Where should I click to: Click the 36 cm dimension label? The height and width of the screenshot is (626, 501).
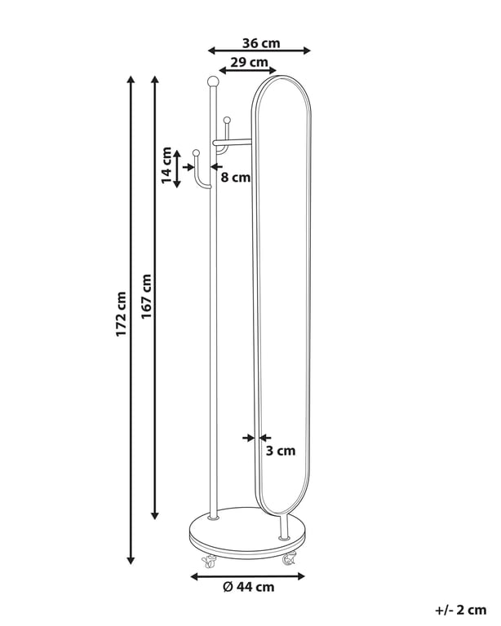(x=261, y=43)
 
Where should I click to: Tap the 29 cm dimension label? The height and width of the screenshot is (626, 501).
(x=249, y=62)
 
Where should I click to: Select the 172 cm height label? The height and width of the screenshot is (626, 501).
(x=121, y=314)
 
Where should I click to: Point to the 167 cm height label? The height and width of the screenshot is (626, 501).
(x=146, y=296)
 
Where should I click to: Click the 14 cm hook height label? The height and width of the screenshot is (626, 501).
(x=166, y=165)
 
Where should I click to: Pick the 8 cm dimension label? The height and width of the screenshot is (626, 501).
(x=236, y=177)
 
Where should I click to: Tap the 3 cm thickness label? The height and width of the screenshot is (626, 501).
(x=281, y=451)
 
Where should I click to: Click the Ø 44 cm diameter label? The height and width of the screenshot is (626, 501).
(x=249, y=587)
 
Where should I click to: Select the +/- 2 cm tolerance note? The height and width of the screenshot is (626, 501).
(x=461, y=610)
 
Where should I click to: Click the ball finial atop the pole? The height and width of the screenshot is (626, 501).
(x=213, y=82)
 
